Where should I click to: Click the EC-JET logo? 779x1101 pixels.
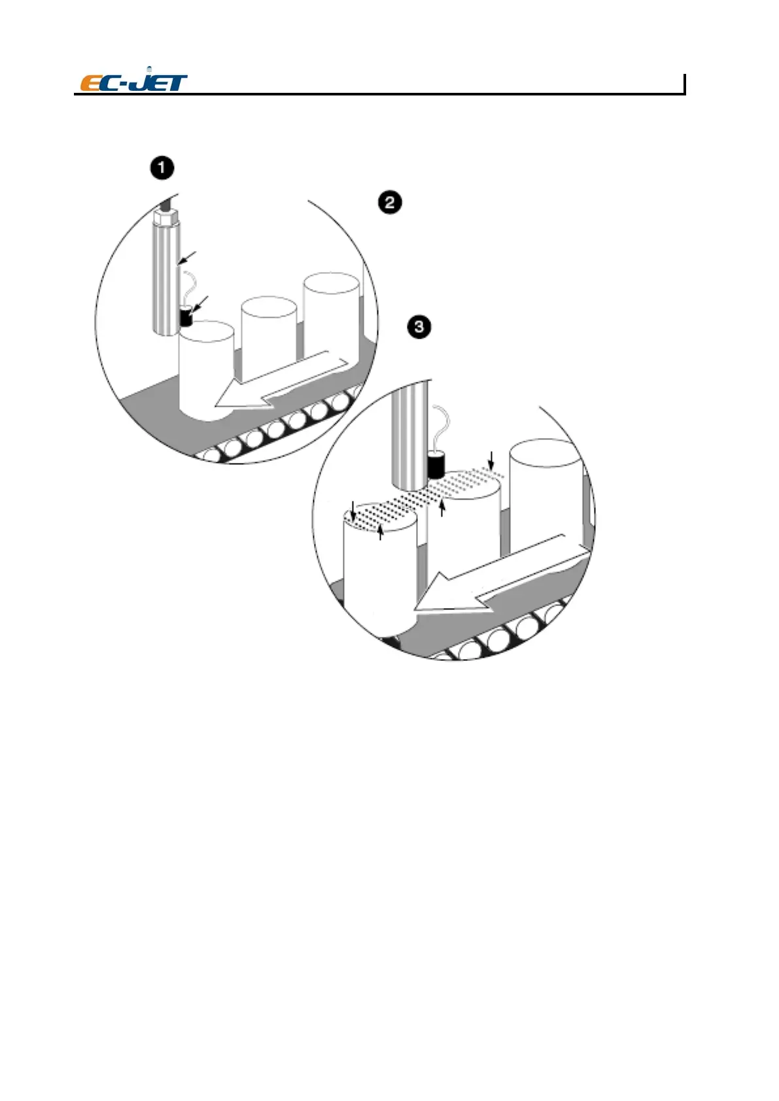coord(133,82)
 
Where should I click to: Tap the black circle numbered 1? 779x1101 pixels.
coord(162,168)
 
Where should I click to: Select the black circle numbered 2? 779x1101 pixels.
coord(390,202)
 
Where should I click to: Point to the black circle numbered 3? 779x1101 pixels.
coord(419,326)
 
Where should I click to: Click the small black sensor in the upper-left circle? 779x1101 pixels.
coord(187,318)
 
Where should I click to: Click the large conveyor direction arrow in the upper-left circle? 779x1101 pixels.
coord(281,383)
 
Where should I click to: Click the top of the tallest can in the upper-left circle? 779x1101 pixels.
coord(332,284)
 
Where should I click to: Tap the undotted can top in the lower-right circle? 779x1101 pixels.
coord(546,454)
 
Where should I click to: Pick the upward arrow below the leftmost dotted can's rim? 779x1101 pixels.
coord(381,532)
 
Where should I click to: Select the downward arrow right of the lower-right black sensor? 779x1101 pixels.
coord(491,459)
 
